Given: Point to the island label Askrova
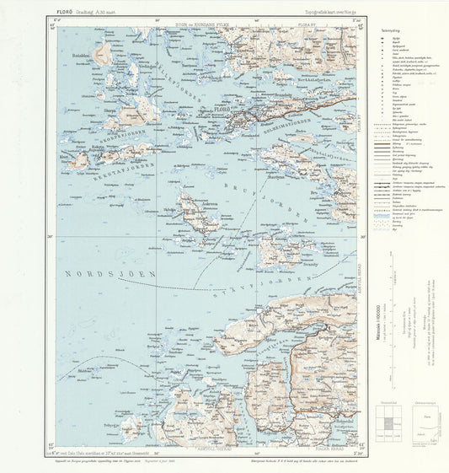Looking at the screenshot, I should [x=208, y=213].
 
